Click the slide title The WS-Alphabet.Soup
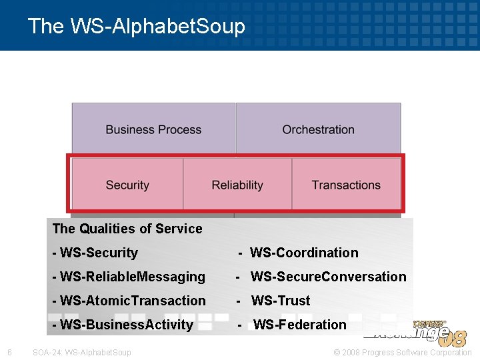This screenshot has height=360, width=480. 137,26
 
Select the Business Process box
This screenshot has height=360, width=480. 153,129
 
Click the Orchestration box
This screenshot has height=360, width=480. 318,129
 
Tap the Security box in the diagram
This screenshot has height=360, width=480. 127,185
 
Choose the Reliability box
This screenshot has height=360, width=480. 237,185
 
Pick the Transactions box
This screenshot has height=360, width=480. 346,185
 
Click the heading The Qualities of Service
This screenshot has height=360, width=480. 127,229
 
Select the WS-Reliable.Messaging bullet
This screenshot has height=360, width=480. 129,277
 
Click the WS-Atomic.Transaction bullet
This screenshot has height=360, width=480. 129,301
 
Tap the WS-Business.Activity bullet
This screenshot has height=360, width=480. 122,325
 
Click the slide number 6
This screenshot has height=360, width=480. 9,352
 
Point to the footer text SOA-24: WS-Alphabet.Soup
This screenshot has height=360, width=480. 82,352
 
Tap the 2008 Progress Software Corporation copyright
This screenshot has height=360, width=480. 402,352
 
